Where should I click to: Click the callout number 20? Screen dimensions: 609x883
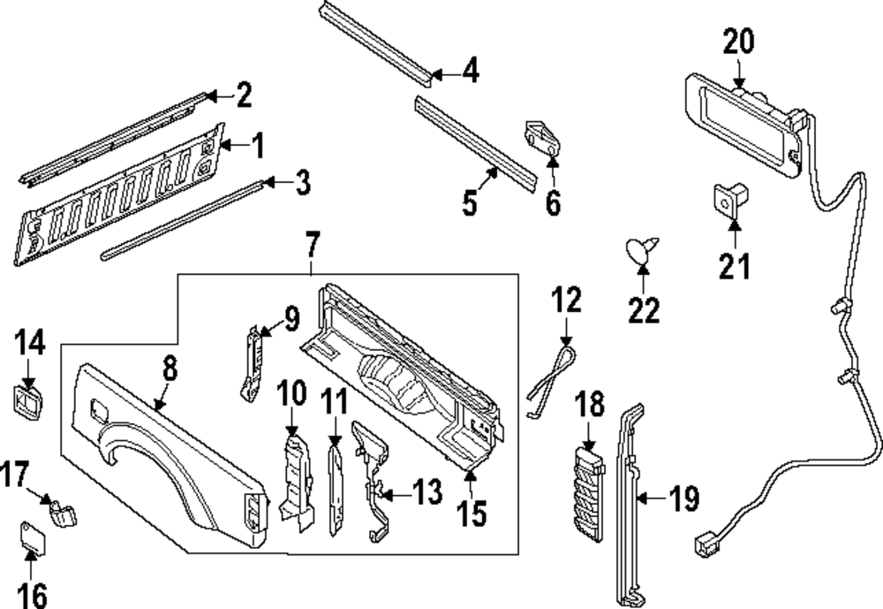[x=740, y=42]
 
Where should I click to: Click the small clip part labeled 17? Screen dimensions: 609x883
[x=62, y=511]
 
